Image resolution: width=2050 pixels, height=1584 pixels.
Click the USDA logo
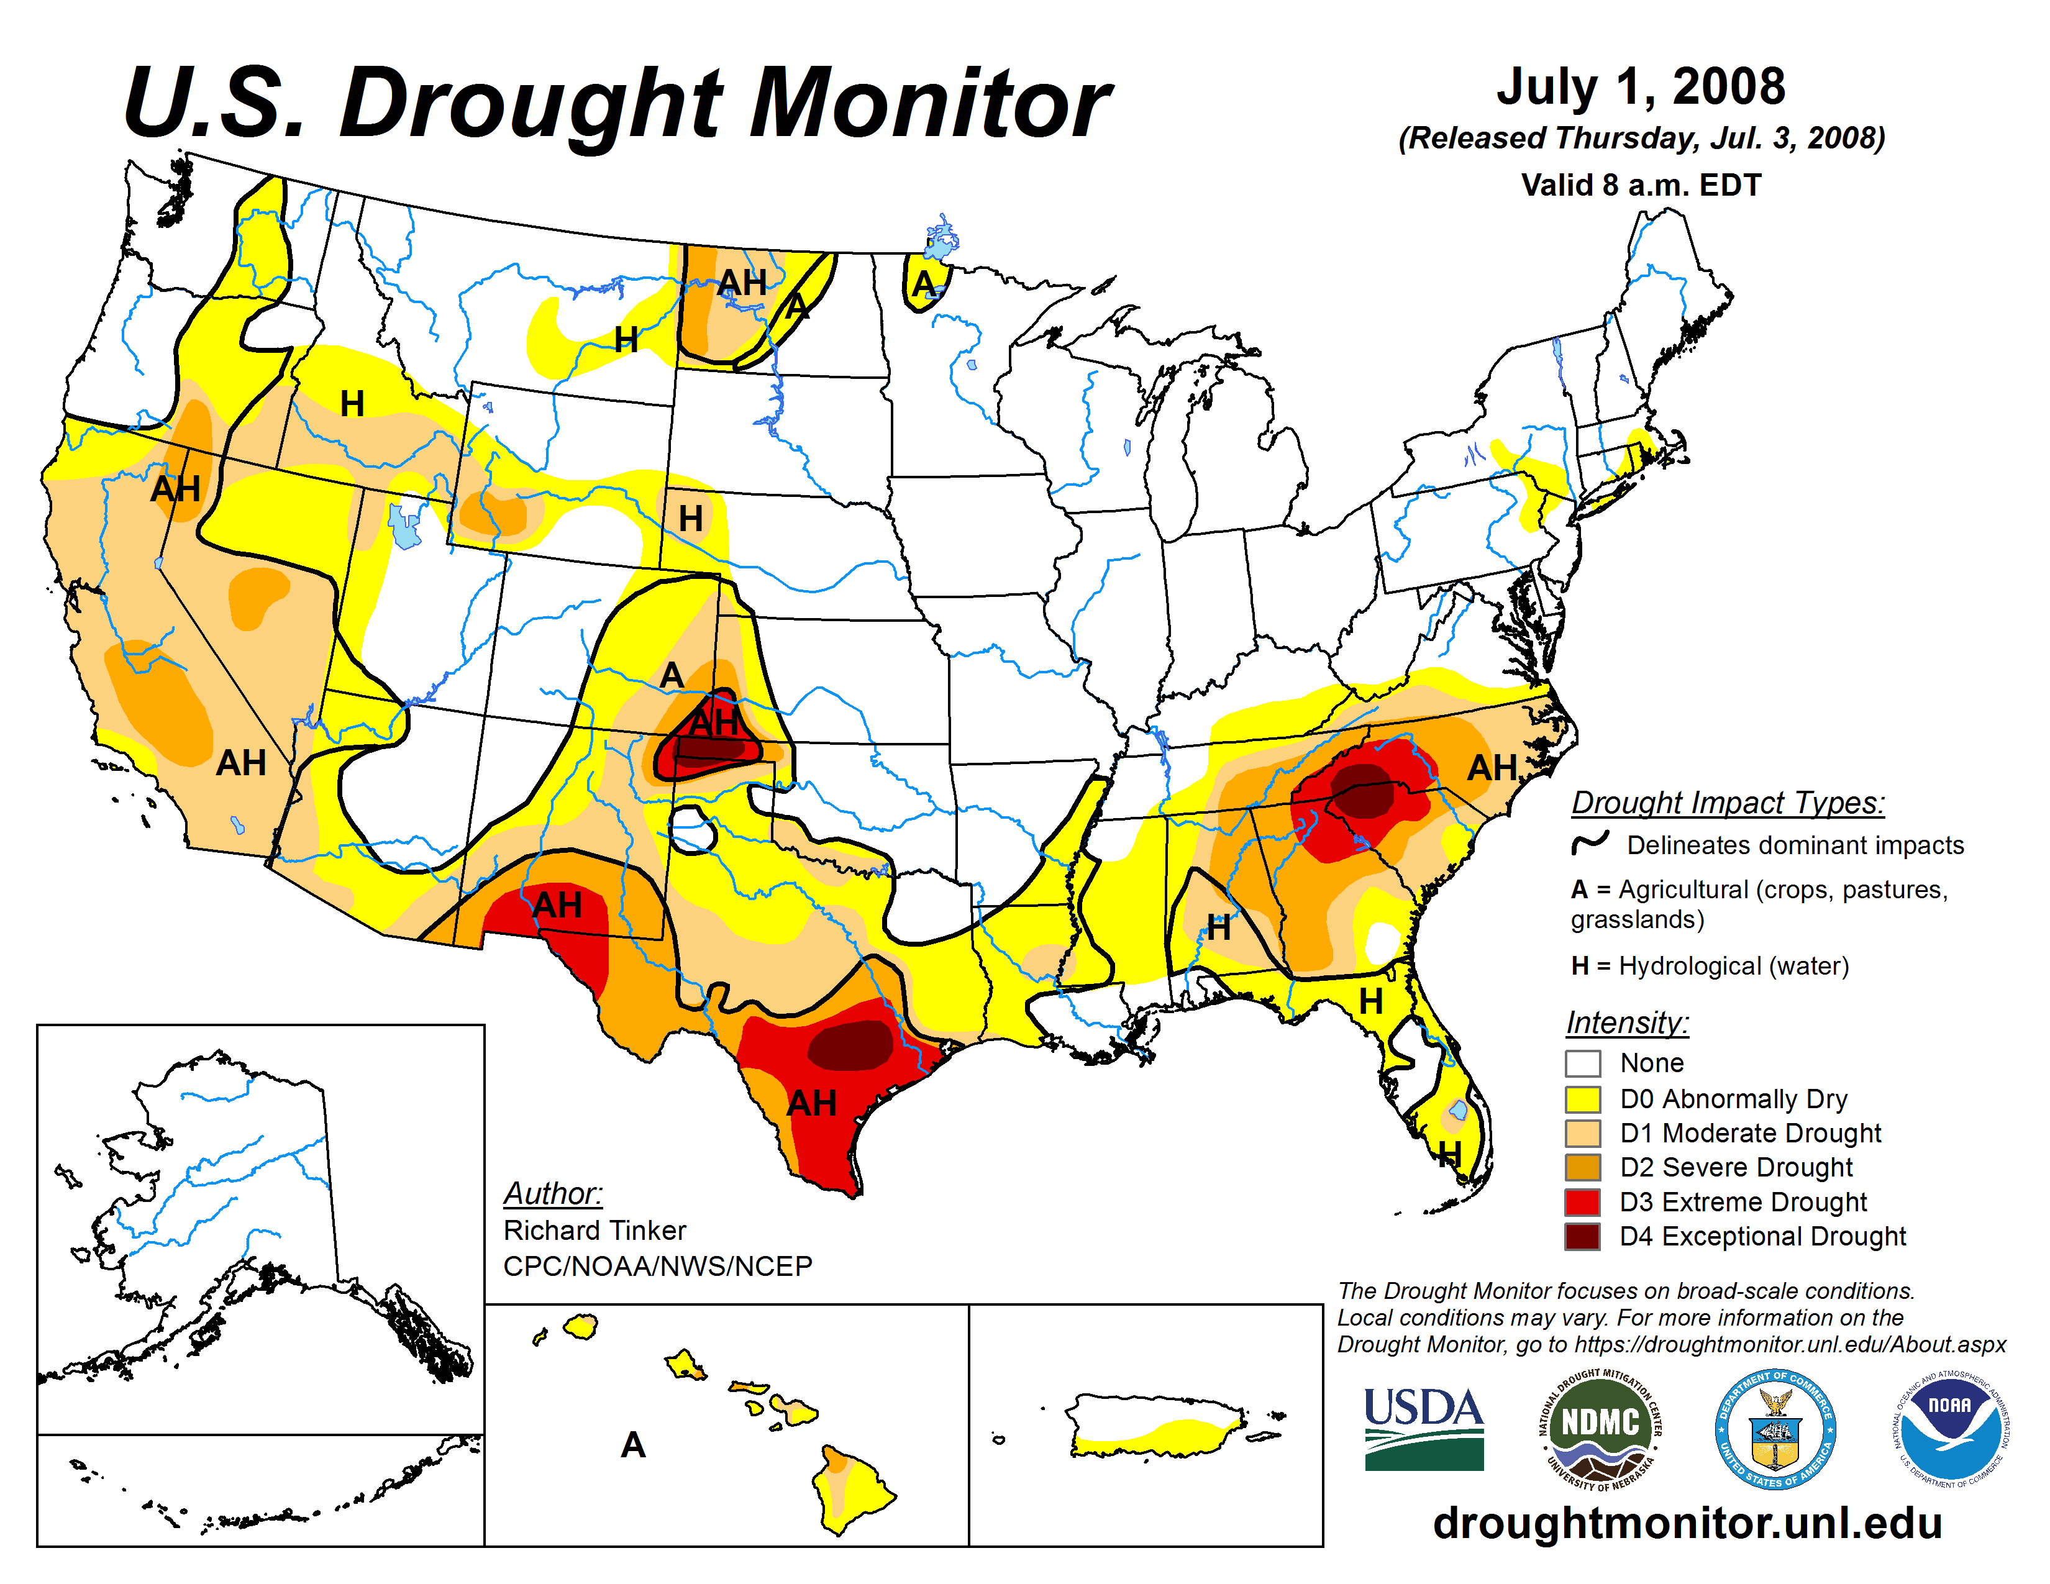(x=1423, y=1428)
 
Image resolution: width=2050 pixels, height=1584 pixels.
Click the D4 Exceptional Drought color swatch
(x=1583, y=1236)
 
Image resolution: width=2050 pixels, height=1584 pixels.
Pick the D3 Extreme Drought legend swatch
(x=1583, y=1201)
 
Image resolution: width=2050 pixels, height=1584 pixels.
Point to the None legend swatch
(x=1583, y=1063)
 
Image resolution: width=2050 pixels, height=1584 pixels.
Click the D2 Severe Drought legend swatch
(x=1583, y=1167)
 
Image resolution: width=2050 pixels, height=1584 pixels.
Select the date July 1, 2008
(x=1641, y=86)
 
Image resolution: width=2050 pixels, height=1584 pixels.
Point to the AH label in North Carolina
(x=1492, y=768)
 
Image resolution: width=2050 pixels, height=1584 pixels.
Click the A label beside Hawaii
(x=634, y=1445)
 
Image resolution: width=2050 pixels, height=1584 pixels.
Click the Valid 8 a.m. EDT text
(x=1641, y=185)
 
